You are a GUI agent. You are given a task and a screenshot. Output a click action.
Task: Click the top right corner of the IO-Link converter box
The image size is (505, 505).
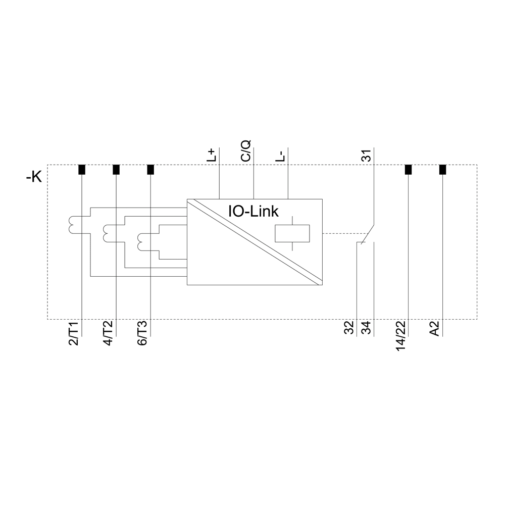(x=322, y=199)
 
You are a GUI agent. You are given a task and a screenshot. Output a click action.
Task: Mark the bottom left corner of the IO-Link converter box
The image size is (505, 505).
(x=187, y=285)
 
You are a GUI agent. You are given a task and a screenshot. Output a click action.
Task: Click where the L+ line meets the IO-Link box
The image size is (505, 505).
(x=219, y=199)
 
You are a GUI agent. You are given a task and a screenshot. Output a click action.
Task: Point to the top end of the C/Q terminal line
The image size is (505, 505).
(x=254, y=147)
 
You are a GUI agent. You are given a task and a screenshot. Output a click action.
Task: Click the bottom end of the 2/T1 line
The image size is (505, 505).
(x=82, y=336)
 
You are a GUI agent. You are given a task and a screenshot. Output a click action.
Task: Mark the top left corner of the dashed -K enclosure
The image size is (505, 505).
(x=47, y=165)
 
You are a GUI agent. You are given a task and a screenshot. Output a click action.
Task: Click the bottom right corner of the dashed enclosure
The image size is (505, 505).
(x=477, y=319)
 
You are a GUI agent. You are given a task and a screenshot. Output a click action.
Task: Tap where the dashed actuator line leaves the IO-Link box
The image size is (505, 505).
(x=322, y=233)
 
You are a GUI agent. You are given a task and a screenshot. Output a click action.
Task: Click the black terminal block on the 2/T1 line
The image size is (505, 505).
(x=82, y=169)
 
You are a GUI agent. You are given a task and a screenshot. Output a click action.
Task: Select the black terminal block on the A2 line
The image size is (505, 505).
(x=442, y=169)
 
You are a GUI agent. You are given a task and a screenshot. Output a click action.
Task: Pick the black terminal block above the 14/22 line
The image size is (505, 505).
(x=408, y=169)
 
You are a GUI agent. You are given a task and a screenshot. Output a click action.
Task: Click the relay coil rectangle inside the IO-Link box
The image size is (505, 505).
(x=292, y=233)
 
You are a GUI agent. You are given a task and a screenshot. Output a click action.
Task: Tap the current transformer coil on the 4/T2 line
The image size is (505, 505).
(x=107, y=233)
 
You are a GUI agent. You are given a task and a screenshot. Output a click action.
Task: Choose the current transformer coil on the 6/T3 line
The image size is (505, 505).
(x=141, y=242)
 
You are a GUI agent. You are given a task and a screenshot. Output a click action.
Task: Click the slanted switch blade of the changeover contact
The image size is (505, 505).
(x=368, y=234)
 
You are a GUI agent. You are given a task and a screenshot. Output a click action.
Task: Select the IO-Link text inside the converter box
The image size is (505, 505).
(x=254, y=211)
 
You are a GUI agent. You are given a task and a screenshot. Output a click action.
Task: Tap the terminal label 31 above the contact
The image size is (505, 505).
(x=367, y=155)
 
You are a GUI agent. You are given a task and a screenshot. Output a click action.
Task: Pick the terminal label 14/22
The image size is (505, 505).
(x=401, y=336)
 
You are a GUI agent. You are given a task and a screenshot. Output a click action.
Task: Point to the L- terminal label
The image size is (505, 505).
(x=280, y=156)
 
